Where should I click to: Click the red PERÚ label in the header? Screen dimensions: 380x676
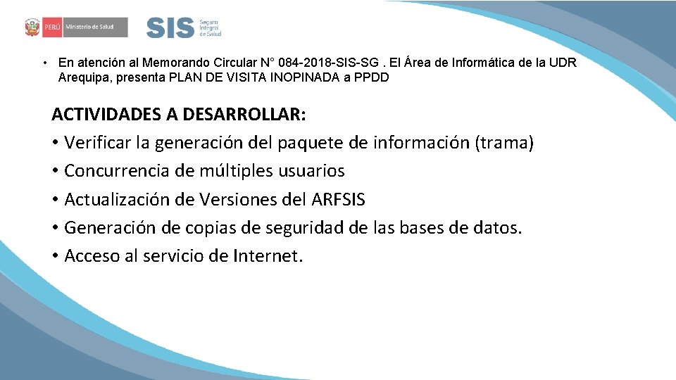(x=51, y=28)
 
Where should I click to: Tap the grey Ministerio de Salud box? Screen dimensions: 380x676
(x=95, y=28)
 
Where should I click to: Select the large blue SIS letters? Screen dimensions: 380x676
(x=170, y=28)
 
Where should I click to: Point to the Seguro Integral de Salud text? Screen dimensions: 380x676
(x=210, y=28)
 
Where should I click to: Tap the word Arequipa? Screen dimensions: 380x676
(x=83, y=77)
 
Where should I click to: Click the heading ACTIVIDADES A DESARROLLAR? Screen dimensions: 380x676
(x=179, y=114)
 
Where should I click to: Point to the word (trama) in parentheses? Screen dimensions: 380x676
(x=504, y=143)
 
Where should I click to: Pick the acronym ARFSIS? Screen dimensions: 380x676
(x=338, y=199)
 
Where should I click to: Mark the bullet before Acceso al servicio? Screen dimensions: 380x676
(x=55, y=256)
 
